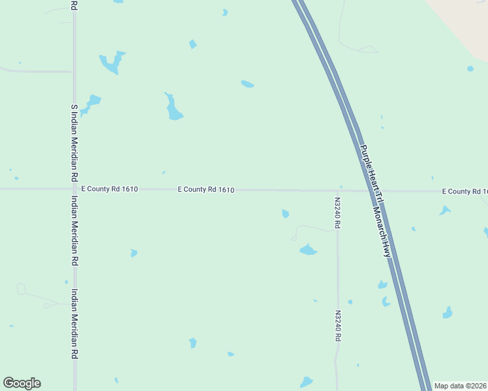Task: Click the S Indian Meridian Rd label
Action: coord(74,143)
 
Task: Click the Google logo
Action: coord(22,383)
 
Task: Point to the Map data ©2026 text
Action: coord(460,386)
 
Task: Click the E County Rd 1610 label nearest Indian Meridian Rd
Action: coord(109,189)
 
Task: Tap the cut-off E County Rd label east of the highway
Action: coord(464,191)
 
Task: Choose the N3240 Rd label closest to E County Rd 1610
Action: coord(338,213)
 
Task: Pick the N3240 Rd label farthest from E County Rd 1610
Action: coord(338,326)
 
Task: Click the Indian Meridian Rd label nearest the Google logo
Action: coord(74,324)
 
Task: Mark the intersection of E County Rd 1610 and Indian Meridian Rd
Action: coord(74,189)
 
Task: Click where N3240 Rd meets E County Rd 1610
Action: coord(338,191)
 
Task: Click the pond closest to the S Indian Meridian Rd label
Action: coord(92,102)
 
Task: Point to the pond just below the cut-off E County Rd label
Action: coord(445,210)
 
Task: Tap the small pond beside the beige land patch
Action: coord(470,68)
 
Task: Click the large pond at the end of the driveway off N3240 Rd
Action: coord(307,250)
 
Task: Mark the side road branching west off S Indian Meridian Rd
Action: coord(36,70)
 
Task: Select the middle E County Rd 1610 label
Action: coord(206,190)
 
